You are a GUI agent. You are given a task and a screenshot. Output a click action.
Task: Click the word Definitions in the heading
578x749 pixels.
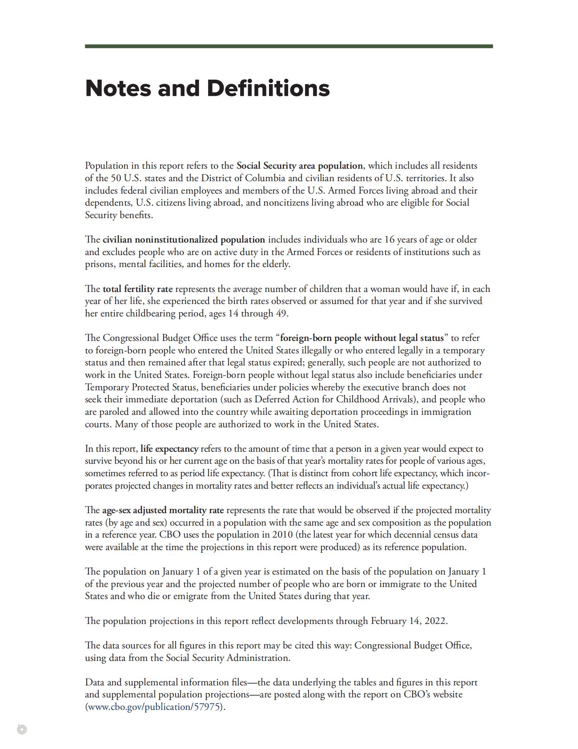click(x=268, y=88)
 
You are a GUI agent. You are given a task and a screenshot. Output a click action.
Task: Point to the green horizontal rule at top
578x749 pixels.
click(x=289, y=46)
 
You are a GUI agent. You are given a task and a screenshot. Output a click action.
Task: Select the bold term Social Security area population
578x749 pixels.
click(x=299, y=166)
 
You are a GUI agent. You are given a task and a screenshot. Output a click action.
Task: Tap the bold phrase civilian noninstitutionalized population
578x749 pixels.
click(x=184, y=239)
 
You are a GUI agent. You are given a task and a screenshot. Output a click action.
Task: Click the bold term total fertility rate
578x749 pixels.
click(x=137, y=289)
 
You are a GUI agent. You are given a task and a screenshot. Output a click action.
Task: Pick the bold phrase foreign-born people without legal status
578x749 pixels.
click(x=362, y=338)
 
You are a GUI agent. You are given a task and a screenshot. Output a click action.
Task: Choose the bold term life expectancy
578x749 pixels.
click(x=169, y=449)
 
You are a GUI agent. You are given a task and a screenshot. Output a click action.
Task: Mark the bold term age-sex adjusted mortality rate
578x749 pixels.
click(x=163, y=510)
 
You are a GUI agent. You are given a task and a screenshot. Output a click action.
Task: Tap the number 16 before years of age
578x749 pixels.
click(x=389, y=239)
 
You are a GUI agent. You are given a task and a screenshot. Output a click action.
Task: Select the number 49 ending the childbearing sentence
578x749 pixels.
click(x=281, y=313)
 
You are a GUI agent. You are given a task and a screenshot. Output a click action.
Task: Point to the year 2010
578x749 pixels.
click(x=283, y=534)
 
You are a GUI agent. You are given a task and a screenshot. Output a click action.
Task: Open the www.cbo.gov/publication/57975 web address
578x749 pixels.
click(x=154, y=707)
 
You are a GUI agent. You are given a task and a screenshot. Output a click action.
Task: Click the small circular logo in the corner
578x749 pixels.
click(x=22, y=729)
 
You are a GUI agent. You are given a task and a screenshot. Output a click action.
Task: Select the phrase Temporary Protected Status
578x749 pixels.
click(x=141, y=387)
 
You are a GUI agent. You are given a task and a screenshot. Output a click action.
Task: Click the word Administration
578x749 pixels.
click(x=258, y=658)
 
